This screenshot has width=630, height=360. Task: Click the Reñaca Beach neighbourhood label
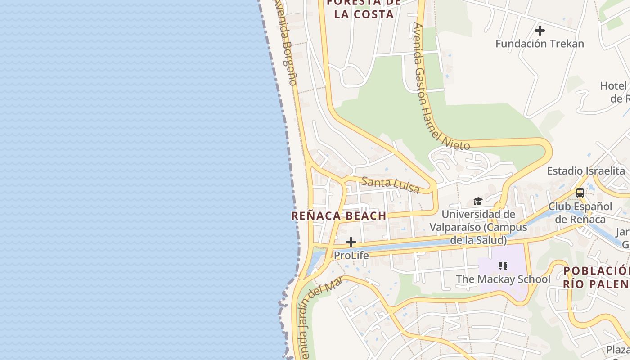(x=338, y=216)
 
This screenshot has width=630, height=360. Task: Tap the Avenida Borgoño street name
(x=286, y=43)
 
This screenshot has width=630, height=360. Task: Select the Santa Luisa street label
(x=390, y=184)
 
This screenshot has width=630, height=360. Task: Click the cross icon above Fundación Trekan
(x=540, y=31)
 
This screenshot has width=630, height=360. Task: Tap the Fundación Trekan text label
(x=540, y=44)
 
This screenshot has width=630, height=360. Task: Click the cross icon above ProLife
(x=351, y=243)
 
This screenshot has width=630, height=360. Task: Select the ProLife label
(x=351, y=255)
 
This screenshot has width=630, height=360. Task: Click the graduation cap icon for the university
(x=478, y=201)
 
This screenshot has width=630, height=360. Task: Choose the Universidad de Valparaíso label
(x=478, y=227)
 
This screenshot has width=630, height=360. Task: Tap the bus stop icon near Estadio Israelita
(x=580, y=193)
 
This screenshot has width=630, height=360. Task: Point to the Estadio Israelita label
(x=585, y=171)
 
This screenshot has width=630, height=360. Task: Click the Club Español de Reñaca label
(x=580, y=213)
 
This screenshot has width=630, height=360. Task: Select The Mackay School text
(x=503, y=279)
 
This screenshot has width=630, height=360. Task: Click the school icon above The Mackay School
(x=503, y=266)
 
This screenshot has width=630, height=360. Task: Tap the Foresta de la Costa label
(x=364, y=9)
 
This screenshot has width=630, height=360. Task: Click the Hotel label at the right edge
(x=614, y=92)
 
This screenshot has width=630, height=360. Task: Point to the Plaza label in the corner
(x=618, y=350)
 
